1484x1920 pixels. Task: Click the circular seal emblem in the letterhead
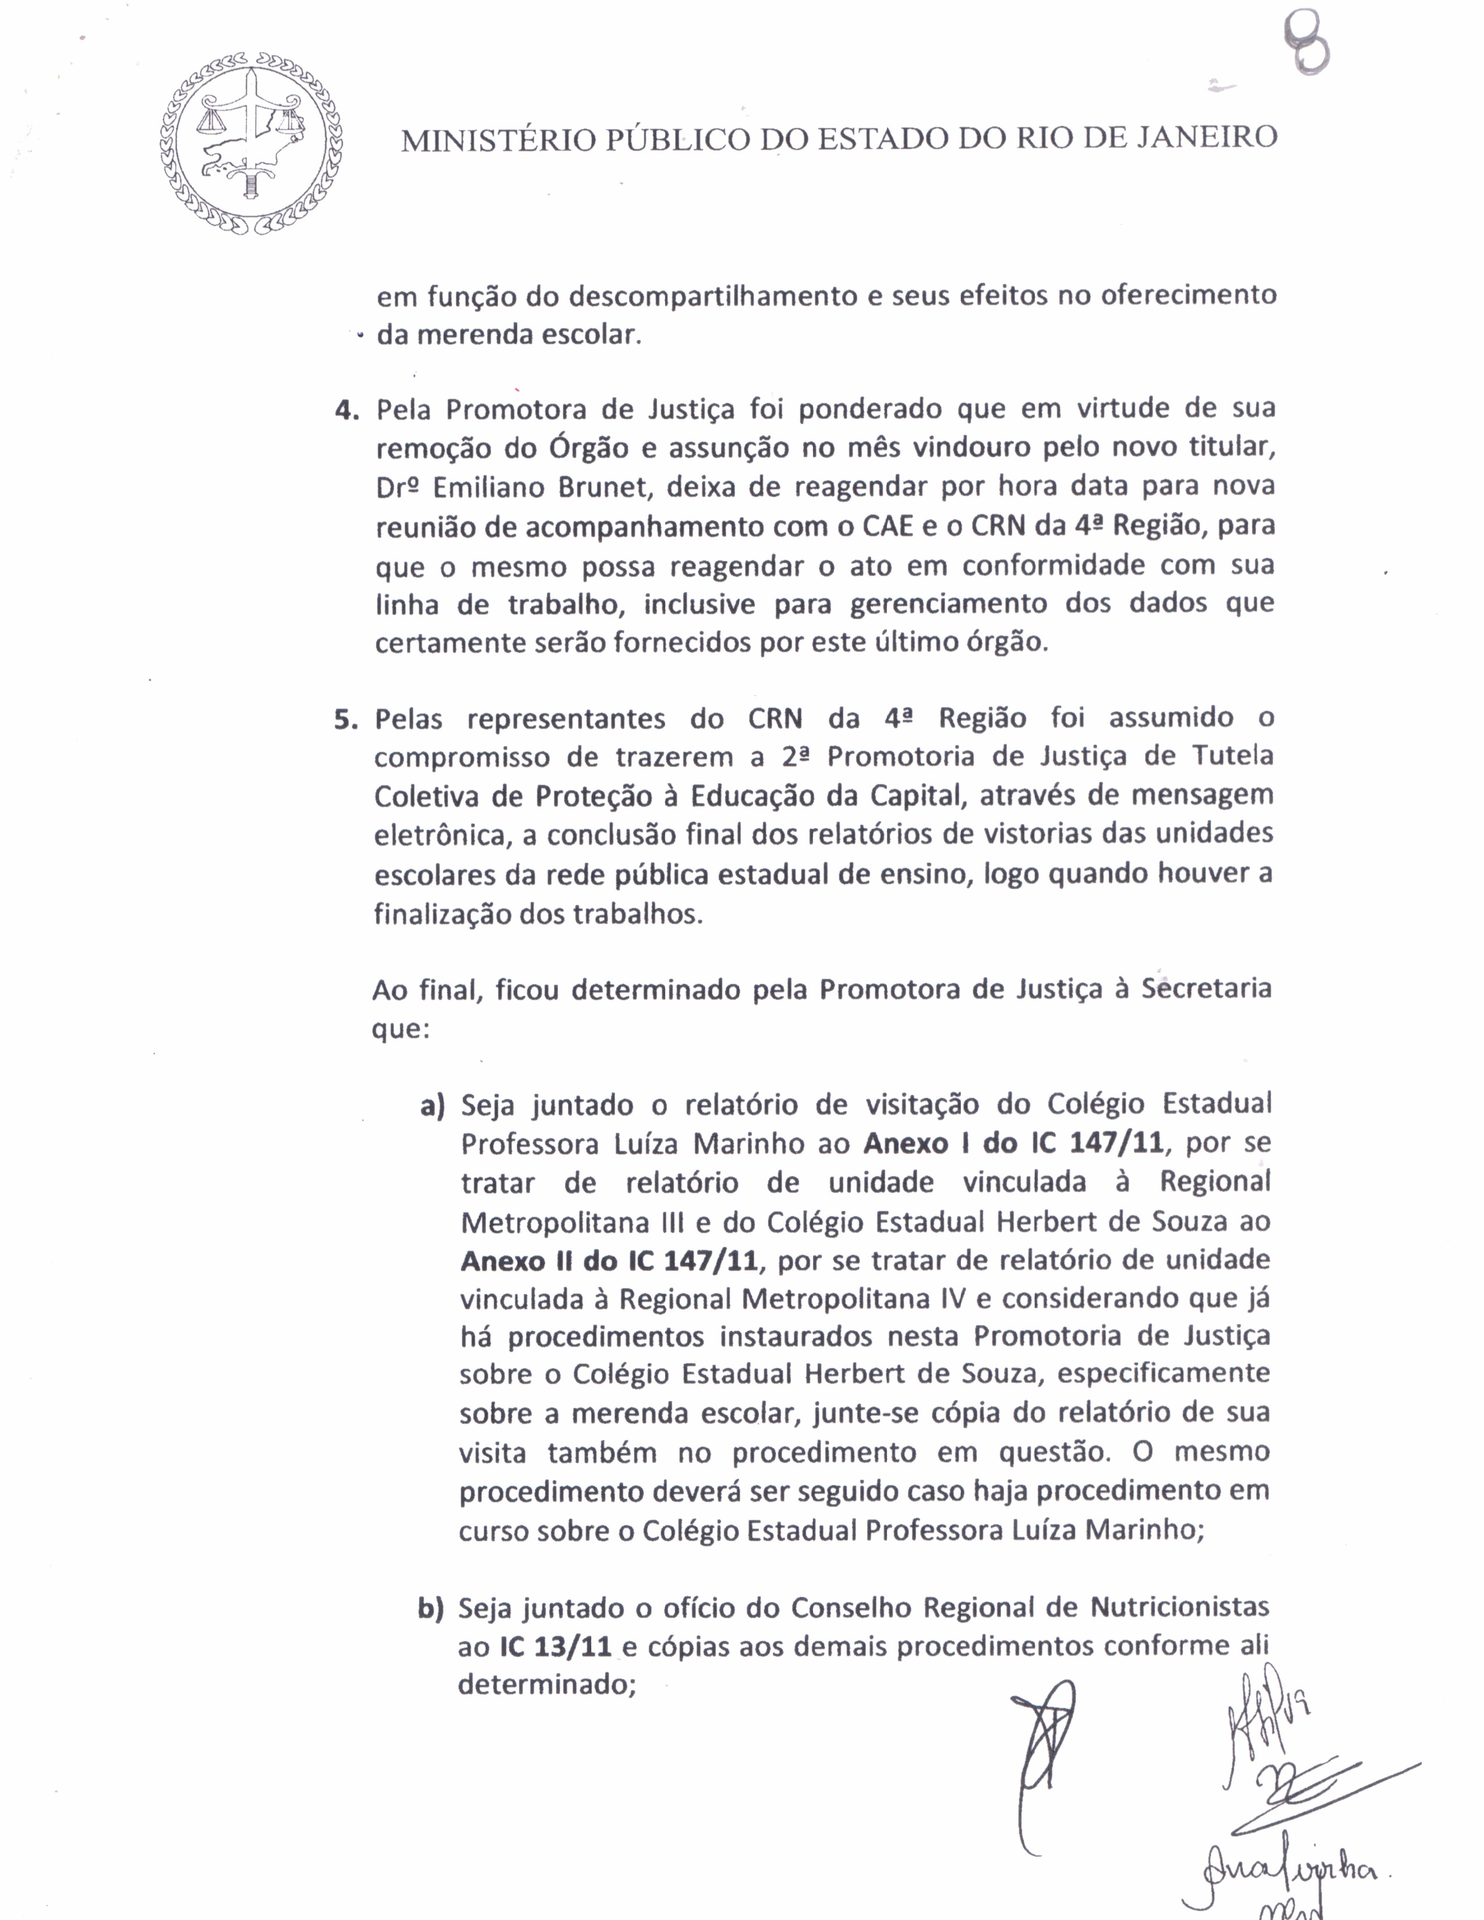pos(251,143)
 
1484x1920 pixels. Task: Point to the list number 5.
pos(346,720)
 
